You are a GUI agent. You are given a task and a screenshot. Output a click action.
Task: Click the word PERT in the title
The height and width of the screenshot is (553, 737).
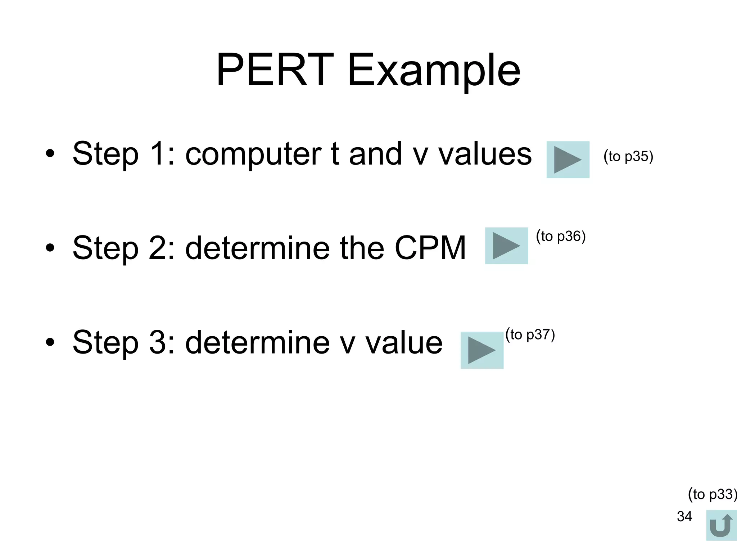click(274, 70)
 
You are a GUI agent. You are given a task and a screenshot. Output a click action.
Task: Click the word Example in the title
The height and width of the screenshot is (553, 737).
click(434, 71)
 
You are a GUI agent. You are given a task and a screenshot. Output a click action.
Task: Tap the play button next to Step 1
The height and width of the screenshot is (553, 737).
click(568, 160)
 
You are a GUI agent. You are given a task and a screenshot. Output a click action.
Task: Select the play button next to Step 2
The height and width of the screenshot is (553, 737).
click(506, 246)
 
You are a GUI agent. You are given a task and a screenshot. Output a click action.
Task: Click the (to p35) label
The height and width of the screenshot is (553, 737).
click(628, 156)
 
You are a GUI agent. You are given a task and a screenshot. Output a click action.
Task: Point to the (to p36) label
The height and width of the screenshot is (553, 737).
click(561, 236)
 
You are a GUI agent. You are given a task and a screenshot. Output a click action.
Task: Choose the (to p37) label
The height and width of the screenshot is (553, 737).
click(530, 334)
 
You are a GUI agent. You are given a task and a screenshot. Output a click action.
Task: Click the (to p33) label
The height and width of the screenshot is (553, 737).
click(712, 494)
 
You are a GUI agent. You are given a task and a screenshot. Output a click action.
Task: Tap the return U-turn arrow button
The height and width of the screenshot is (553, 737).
click(721, 525)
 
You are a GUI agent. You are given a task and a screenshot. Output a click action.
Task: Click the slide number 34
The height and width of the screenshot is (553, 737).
click(684, 516)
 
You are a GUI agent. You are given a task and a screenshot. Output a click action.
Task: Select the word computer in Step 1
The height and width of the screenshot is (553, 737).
click(253, 154)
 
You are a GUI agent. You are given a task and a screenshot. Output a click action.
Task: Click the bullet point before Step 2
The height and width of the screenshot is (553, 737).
click(50, 248)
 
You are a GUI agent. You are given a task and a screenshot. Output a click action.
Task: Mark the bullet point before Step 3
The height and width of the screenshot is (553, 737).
click(50, 342)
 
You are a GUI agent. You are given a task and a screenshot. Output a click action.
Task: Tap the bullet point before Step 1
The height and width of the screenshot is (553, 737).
click(50, 154)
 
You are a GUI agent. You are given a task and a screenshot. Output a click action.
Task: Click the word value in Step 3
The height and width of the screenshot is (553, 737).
click(404, 342)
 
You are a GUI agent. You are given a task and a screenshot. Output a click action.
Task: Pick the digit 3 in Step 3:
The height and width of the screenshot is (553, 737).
click(157, 342)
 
